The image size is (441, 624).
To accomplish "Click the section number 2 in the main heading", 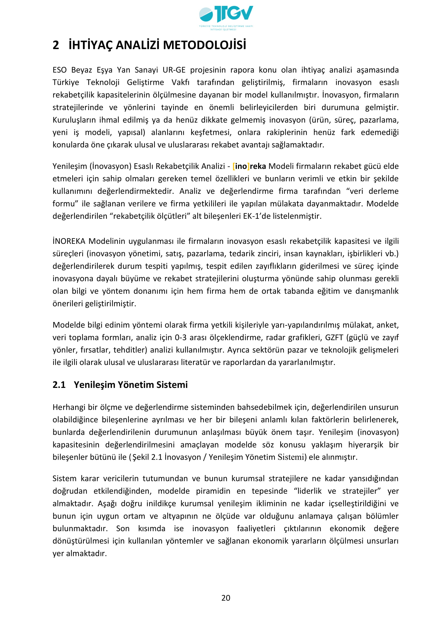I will pos(56,45).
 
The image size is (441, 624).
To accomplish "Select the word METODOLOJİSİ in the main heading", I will pos(204,45).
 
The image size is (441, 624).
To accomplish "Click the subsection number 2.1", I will pos(59,385).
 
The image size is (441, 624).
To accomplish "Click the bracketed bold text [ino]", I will pos(241,166).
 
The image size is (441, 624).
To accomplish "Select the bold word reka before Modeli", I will pos(258,166).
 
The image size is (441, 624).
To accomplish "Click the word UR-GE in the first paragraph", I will pos(174,70).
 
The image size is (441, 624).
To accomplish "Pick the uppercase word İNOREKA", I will pos(69,241).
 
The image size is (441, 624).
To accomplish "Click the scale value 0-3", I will pos(181,337).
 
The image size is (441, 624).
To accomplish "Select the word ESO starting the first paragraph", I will pos(59,70).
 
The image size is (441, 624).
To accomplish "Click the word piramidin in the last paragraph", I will pos(213,491).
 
